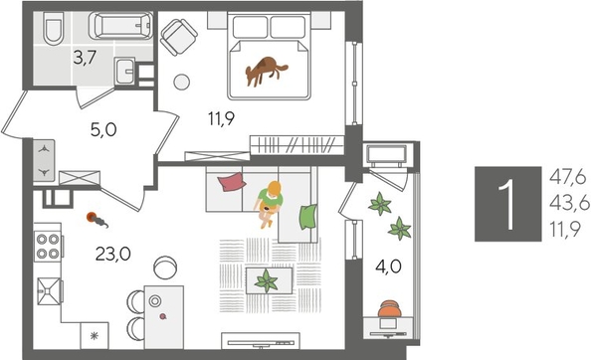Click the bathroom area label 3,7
(x=84, y=59)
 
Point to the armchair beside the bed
(x=180, y=39)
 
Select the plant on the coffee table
(x=266, y=281)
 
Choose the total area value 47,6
(x=566, y=176)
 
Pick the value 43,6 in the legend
(x=566, y=204)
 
